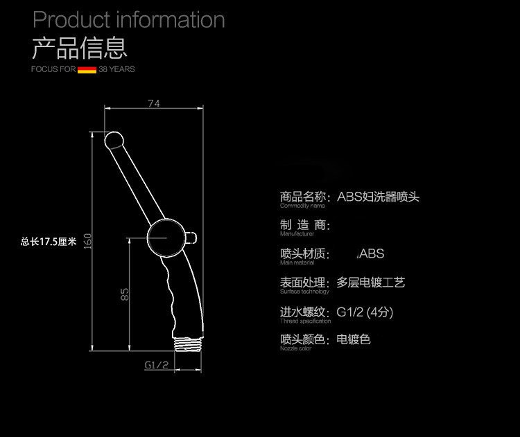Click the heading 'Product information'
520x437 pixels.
coord(129,19)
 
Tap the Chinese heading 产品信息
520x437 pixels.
coord(80,47)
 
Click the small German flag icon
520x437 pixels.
coord(87,69)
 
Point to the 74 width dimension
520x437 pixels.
coord(154,103)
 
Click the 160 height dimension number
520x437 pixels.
coord(88,242)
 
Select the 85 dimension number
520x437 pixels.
coord(125,294)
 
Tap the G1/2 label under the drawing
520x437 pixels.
coord(157,364)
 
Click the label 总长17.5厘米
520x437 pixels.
coord(48,242)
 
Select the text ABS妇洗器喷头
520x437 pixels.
coord(379,197)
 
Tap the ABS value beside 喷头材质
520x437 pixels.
coord(371,254)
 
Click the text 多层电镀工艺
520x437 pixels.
coord(370,283)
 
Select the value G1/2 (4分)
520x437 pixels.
coord(365,312)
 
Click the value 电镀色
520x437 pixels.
coord(354,339)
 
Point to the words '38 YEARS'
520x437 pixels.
coord(116,69)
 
